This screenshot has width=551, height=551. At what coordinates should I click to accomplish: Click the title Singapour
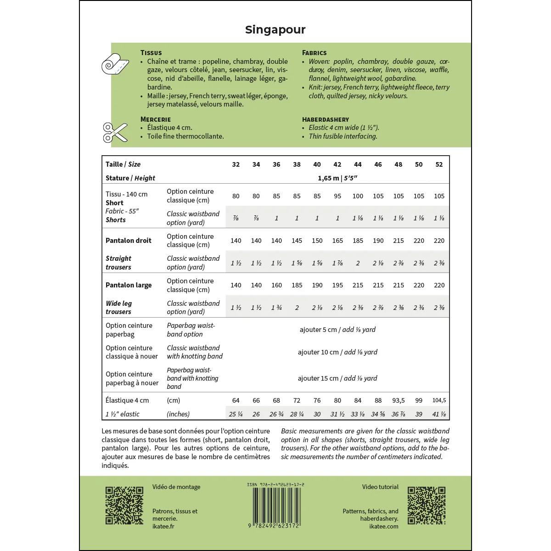(275, 30)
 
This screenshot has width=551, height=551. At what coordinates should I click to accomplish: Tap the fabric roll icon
(115, 64)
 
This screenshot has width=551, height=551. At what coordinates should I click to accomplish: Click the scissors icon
(115, 132)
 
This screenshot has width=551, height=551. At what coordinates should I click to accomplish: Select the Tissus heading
(151, 53)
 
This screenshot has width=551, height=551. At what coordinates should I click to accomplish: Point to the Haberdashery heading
(326, 119)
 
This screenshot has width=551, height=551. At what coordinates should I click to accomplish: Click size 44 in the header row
(358, 164)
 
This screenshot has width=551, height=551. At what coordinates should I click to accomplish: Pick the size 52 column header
(439, 164)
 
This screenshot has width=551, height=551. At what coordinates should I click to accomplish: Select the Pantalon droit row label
(129, 241)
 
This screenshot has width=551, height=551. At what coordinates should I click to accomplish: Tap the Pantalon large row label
(129, 285)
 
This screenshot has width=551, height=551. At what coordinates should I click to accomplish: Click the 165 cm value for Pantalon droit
(337, 241)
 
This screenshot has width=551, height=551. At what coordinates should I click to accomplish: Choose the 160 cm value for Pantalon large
(276, 285)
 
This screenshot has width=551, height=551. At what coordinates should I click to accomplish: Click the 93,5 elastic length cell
(398, 400)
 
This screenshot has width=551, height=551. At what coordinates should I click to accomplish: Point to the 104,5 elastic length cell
(439, 400)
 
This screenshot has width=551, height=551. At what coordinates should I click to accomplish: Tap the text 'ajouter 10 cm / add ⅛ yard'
(337, 352)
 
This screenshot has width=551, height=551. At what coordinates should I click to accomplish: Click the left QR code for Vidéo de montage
(124, 505)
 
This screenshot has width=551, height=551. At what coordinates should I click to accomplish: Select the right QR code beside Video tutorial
(427, 505)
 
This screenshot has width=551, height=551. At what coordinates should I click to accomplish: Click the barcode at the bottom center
(275, 505)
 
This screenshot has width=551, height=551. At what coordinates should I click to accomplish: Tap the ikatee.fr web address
(163, 526)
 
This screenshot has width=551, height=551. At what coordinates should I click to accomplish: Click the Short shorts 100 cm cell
(358, 196)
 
